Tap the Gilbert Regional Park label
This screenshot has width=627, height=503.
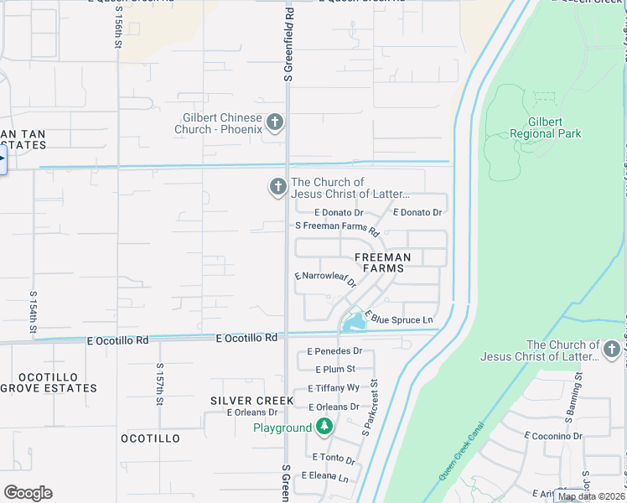545,127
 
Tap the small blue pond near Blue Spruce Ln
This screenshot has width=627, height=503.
355,320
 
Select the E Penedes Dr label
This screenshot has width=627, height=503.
334,351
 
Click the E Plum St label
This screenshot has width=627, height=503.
335,370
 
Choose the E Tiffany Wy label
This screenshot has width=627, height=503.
334,388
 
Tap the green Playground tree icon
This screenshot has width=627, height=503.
324,428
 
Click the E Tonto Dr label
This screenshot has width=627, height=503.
334,459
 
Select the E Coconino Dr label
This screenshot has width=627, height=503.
553,436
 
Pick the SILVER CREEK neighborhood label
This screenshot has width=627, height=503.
252,401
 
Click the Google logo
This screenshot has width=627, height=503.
28,493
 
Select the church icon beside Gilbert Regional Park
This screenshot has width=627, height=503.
613,348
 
